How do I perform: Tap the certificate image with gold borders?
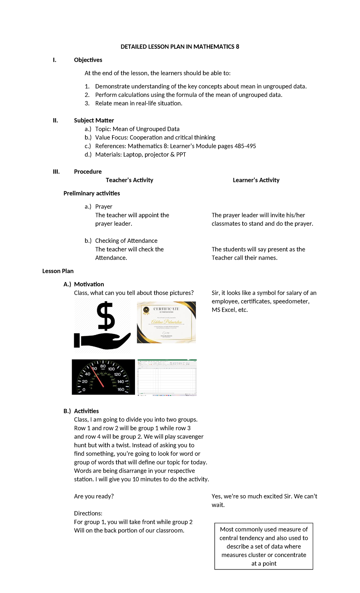coord(166,322)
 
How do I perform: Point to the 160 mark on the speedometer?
coord(121,389)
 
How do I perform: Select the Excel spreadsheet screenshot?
coord(167,378)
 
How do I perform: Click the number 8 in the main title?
coord(238,47)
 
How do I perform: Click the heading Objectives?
coord(88,60)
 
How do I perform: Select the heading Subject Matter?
coord(94,120)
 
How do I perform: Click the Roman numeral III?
coord(56,172)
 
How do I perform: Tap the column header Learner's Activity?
coord(256,180)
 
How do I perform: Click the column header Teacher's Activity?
coord(129,180)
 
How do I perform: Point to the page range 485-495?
coord(245,146)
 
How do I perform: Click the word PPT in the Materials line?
coord(181,155)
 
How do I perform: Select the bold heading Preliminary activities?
coord(91,193)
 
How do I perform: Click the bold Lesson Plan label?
coord(58,271)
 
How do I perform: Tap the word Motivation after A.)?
coord(89,284)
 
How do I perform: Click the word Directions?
coord(88,513)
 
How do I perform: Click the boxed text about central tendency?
coord(264,546)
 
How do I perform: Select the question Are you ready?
coord(94,496)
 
